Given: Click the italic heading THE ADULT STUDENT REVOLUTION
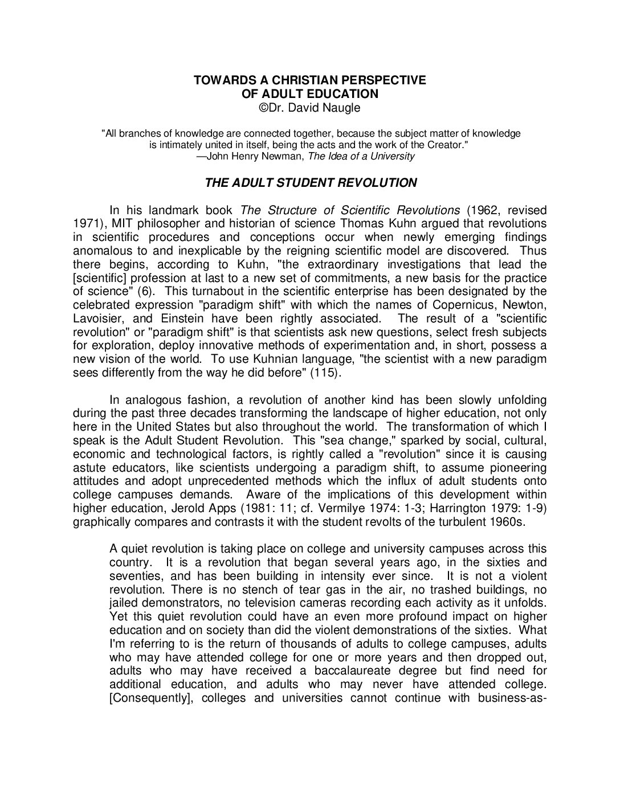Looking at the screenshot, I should coord(311,183).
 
